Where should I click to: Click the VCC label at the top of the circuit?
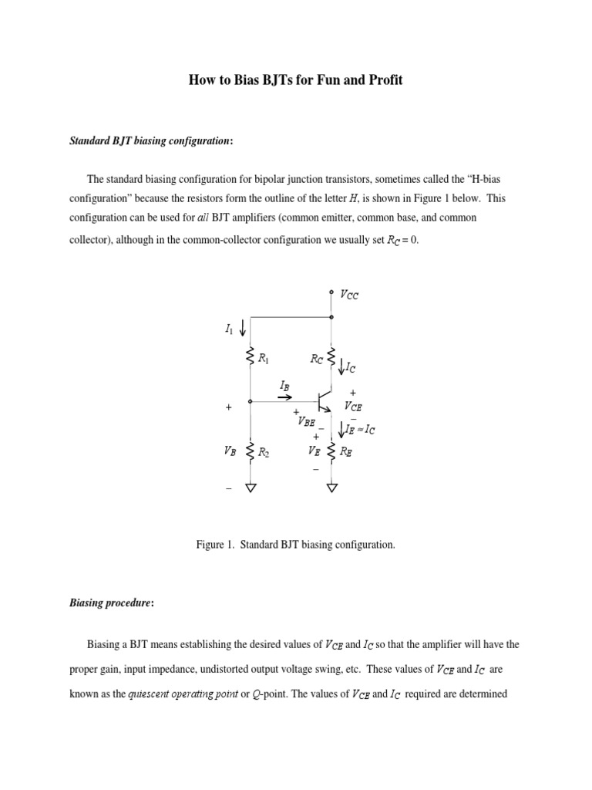pos(348,295)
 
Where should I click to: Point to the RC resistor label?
pos(317,358)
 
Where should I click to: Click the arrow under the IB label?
pos(284,397)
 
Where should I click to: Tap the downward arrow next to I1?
pos(244,329)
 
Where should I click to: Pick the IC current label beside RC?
pos(348,369)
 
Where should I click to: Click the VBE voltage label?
pos(305,421)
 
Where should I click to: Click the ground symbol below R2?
pos(250,487)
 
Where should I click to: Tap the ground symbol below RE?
pos(332,487)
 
